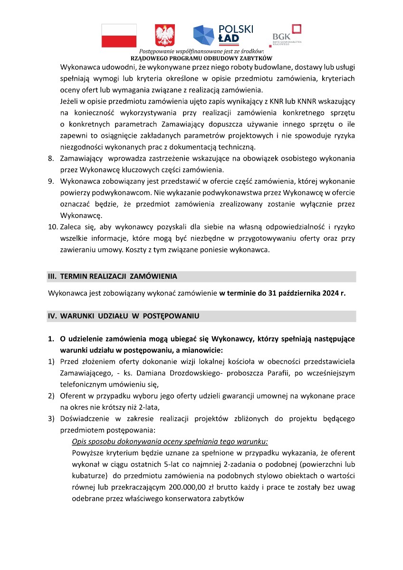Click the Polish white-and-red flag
coord(119,36)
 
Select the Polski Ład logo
coord(223,34)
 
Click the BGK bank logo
coord(287,36)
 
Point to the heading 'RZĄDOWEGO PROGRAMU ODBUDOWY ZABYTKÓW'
coord(201,58)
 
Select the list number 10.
coord(52,227)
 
